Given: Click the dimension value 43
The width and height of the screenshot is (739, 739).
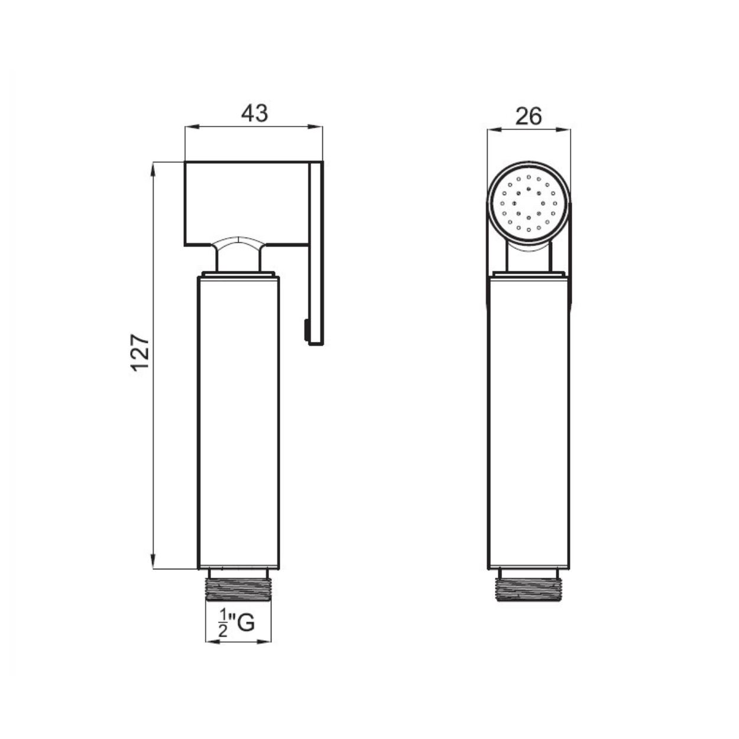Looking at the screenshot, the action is click(x=254, y=113).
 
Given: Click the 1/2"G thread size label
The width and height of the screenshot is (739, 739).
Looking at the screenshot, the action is click(x=236, y=624).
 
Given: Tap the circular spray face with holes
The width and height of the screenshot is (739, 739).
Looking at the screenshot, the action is click(x=529, y=203).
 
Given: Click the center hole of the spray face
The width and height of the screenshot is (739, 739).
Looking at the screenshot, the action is click(x=529, y=203).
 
